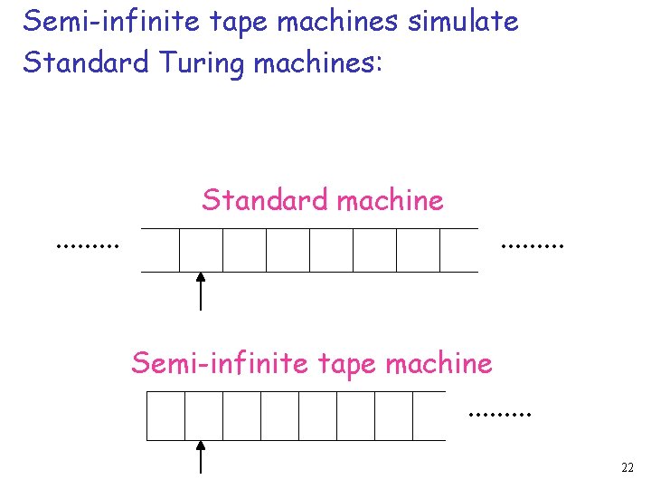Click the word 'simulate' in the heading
[x=463, y=21]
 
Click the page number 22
[x=627, y=468]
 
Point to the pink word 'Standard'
[x=267, y=200]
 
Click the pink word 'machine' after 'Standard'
[x=390, y=200]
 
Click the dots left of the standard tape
[x=88, y=244]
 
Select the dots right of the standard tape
[x=532, y=244]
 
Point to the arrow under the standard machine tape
[x=201, y=292]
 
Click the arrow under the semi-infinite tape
[x=201, y=456]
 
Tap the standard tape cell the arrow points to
[x=201, y=250]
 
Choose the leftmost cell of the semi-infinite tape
[x=166, y=416]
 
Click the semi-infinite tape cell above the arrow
[x=203, y=416]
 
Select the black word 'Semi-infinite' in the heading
[x=98, y=21]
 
